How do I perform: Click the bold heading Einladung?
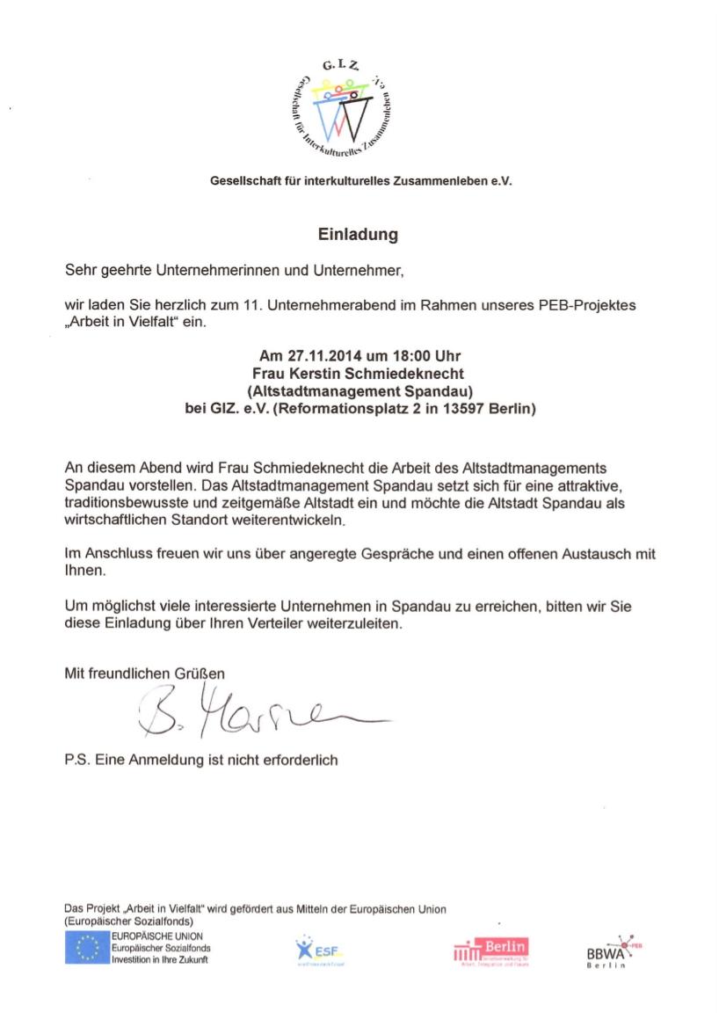tap(358, 235)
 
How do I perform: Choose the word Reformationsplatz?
tap(337, 408)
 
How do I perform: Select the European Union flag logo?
tap(86, 948)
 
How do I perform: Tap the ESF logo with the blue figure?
tap(317, 949)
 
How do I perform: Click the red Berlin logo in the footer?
tap(491, 951)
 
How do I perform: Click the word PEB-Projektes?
tap(592, 306)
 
